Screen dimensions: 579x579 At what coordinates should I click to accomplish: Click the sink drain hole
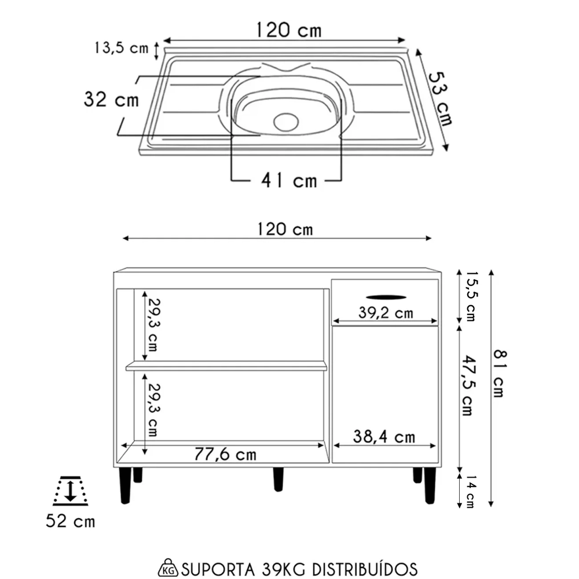pos(285,121)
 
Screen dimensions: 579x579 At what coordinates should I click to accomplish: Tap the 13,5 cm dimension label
pos(121,48)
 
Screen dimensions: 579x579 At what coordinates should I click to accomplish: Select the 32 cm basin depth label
pos(111,100)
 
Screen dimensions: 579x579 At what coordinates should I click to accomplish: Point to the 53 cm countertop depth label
pos(440,98)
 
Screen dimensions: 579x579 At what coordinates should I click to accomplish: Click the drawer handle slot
pos(386,296)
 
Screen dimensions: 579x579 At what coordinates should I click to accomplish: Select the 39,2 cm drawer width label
pos(385,313)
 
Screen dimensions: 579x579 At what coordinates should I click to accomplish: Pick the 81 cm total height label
pos(499,372)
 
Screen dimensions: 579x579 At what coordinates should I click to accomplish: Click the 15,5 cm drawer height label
pos(470,296)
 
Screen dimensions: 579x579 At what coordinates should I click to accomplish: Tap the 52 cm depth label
pos(70,521)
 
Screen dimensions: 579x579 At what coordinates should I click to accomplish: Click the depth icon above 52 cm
pos(70,489)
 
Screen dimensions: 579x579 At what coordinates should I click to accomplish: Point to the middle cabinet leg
pos(278,479)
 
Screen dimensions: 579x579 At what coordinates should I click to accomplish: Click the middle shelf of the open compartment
pos(226,366)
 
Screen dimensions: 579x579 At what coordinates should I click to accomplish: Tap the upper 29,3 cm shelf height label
pos(153,325)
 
